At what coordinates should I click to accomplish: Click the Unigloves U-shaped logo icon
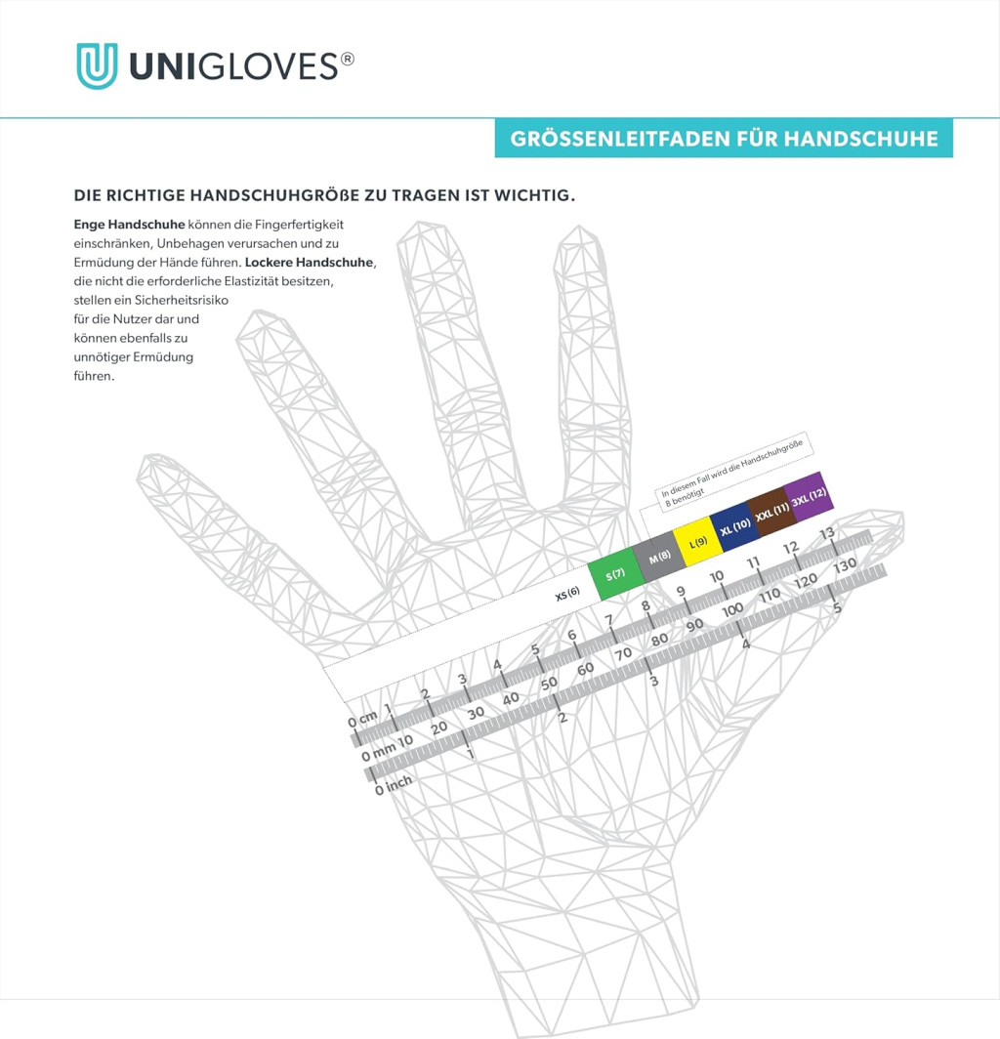coord(97,65)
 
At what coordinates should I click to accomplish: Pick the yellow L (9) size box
coord(697,542)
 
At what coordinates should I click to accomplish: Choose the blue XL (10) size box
coord(734,527)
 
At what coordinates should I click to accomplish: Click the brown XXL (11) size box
coord(772,512)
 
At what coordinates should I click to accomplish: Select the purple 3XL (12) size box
coord(809,498)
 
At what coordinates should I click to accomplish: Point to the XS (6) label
coord(567,593)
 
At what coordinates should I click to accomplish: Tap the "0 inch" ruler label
coord(394,784)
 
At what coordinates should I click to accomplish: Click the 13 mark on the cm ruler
coord(827,533)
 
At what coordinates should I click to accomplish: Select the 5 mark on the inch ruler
coord(837,607)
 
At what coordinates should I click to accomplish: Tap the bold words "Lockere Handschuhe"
coord(310,263)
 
